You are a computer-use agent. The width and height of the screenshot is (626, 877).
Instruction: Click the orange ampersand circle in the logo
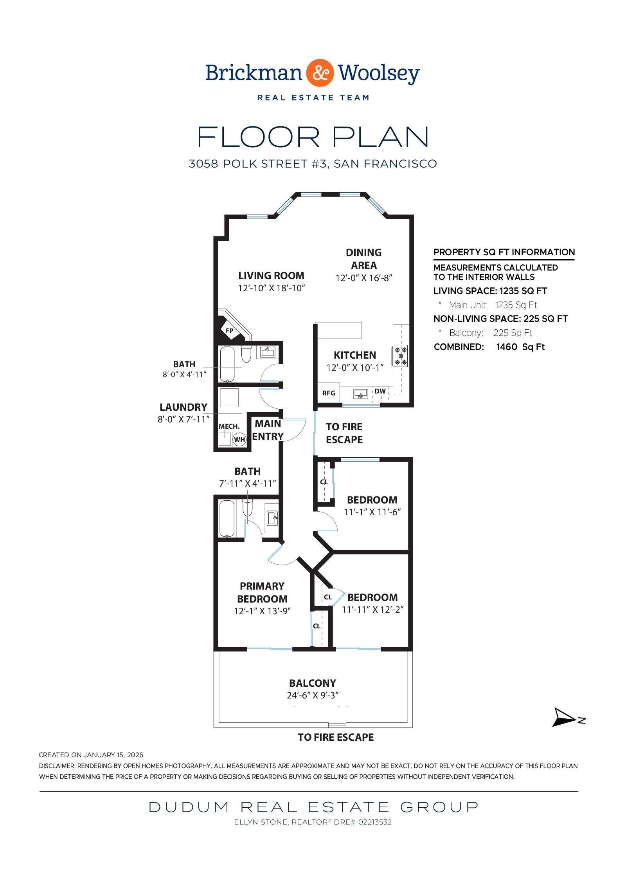320,73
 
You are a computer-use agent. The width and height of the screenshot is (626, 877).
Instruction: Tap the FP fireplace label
230,331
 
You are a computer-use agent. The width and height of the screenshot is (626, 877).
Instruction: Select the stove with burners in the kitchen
401,356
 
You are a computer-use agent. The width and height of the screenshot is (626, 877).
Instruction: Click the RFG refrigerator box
329,393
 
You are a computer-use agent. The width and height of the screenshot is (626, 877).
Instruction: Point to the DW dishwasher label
380,391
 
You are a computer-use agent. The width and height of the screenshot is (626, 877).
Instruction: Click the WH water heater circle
239,440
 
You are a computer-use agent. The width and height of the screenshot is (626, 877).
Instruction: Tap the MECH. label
229,426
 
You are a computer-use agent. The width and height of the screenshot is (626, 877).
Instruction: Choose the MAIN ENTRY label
268,430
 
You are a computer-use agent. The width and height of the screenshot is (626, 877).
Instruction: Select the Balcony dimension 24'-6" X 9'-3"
313,695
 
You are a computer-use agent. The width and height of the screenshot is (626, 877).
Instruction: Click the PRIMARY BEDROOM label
262,592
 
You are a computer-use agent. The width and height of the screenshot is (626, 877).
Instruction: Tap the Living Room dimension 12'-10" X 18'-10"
272,288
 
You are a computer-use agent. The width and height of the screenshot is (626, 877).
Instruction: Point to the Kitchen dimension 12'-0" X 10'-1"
355,368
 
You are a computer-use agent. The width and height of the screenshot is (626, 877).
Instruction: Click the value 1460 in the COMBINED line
506,347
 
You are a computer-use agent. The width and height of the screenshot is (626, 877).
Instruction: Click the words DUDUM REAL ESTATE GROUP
313,807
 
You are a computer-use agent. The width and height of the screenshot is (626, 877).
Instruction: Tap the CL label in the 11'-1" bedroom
324,482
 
